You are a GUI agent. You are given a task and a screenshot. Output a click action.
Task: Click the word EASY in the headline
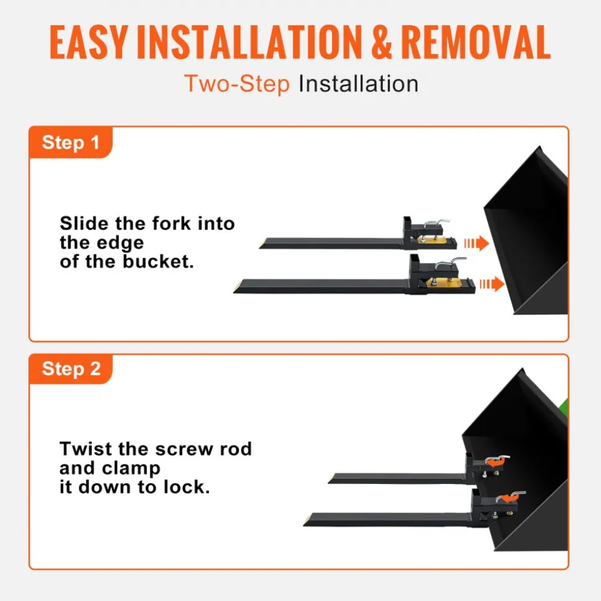point(89,42)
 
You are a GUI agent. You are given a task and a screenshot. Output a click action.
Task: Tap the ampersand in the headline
point(382,42)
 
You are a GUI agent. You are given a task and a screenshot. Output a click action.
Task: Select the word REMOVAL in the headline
point(476,42)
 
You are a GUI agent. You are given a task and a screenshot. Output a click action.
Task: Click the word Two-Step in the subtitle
point(237,84)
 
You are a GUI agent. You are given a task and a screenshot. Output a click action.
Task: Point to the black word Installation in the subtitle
point(359,84)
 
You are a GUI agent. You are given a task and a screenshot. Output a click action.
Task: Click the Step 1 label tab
point(71,142)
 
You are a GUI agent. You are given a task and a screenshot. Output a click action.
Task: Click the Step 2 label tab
point(71,369)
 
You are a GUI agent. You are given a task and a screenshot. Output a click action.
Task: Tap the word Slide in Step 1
point(84,223)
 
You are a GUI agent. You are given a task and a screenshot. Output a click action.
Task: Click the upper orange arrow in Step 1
point(476,243)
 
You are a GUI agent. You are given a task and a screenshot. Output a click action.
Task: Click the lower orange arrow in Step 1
point(492,284)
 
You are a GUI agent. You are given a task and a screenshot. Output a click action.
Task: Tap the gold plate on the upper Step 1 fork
point(432,240)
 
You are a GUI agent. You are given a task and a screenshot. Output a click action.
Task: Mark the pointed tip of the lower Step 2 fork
point(304,525)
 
